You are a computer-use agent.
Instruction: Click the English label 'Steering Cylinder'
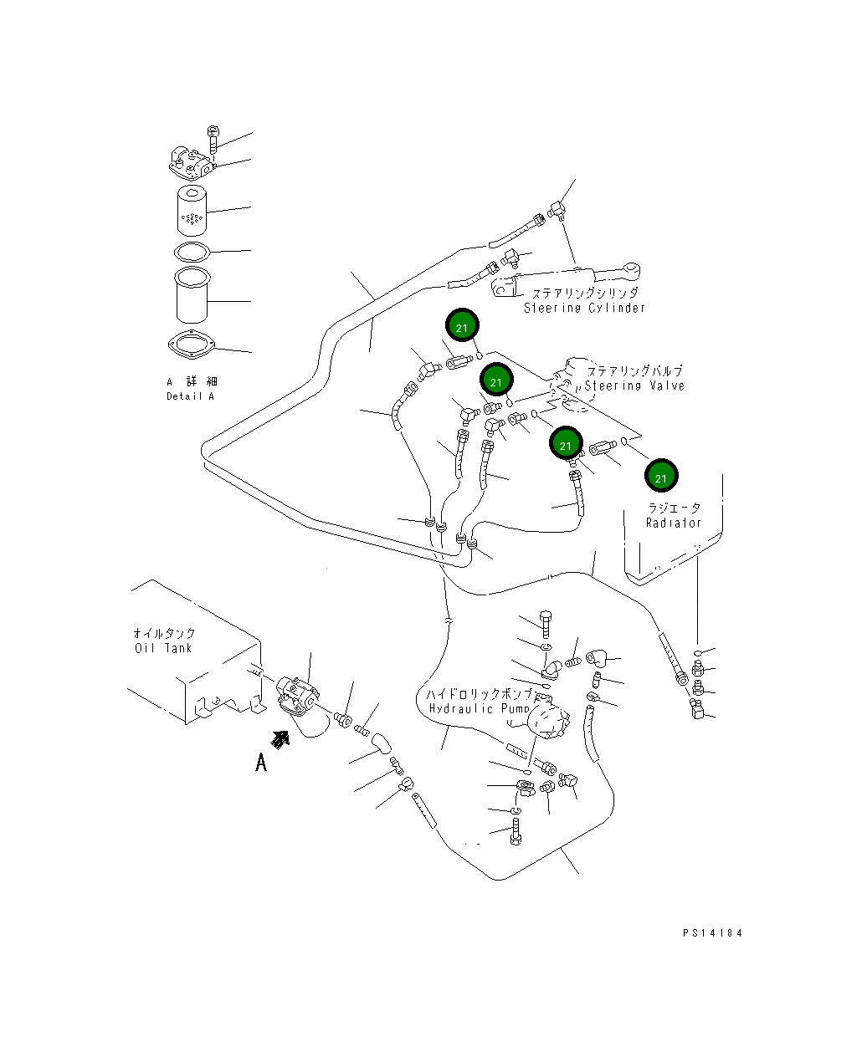tap(583, 308)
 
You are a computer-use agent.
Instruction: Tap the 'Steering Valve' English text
tap(634, 385)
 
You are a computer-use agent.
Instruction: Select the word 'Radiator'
tap(674, 523)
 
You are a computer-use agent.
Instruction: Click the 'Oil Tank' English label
tap(163, 648)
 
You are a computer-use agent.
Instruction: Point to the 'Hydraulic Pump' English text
tap(479, 708)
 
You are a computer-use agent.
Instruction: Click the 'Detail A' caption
tap(190, 396)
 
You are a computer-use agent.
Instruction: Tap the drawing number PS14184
tap(712, 933)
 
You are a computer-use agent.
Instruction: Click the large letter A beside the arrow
tap(260, 763)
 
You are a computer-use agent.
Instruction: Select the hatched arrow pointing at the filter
tap(280, 739)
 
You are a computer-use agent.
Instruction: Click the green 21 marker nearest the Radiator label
tap(661, 475)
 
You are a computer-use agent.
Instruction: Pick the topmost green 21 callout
tap(462, 324)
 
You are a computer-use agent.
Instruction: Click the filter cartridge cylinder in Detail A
tap(192, 211)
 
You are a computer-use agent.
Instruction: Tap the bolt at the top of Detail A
tap(213, 140)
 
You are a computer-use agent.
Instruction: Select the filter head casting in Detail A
tap(191, 164)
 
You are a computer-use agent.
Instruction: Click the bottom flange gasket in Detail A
tap(192, 345)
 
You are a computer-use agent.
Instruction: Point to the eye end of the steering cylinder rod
tap(632, 269)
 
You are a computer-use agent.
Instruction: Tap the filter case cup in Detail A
tap(192, 295)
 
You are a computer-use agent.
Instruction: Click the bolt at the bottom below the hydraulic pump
tap(516, 831)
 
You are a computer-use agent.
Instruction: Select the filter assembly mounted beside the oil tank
tap(299, 700)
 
